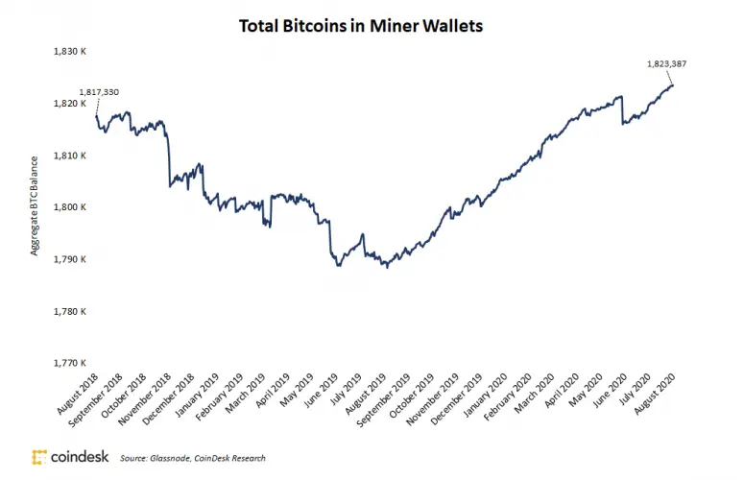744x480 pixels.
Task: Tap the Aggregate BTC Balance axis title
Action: click(36, 207)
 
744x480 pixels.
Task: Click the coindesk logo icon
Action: click(39, 457)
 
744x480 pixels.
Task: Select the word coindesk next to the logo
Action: click(80, 457)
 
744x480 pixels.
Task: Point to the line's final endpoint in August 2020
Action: click(672, 85)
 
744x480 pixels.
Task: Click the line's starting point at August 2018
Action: click(96, 116)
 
